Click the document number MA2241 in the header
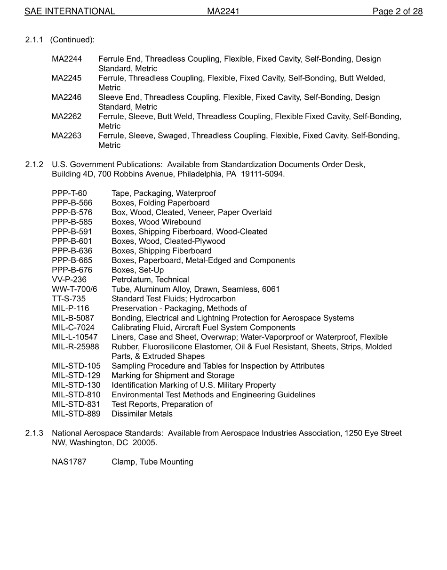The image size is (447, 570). (x=223, y=11)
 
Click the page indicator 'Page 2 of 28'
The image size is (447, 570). (x=397, y=11)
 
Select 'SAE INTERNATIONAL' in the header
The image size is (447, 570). (x=70, y=11)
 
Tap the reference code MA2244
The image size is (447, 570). (x=66, y=59)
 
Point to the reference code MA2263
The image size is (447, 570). (x=66, y=136)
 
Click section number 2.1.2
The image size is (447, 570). (x=34, y=164)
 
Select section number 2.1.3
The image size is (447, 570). (x=34, y=433)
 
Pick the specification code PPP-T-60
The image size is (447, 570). (x=69, y=193)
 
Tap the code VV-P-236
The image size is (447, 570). (x=69, y=280)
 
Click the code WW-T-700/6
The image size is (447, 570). (x=74, y=289)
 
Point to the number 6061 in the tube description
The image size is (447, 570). (x=271, y=289)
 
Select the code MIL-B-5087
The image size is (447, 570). (x=73, y=318)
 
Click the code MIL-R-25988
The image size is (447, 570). (x=75, y=347)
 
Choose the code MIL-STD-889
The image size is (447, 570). (x=76, y=414)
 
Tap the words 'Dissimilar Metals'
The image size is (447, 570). (x=142, y=414)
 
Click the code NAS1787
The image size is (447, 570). (x=69, y=462)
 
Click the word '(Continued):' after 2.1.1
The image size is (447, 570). (x=72, y=40)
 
